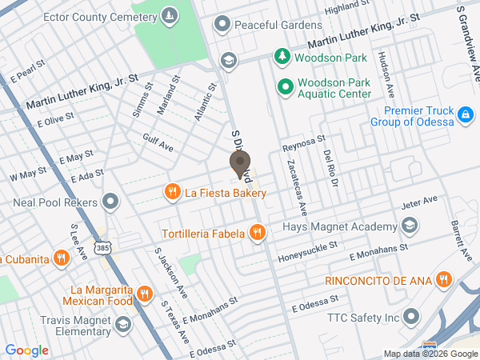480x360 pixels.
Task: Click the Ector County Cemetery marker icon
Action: (x=169, y=15)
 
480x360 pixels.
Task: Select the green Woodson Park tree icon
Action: (x=282, y=57)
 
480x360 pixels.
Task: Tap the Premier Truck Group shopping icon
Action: (x=466, y=118)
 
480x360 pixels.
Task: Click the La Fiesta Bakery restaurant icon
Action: (x=171, y=192)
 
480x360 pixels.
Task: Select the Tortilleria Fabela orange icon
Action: (x=256, y=233)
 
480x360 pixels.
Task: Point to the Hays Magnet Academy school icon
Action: (x=409, y=226)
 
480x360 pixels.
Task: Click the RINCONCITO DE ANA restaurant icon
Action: (x=444, y=280)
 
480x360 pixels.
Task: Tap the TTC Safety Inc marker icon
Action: (x=411, y=318)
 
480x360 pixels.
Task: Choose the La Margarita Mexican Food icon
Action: (x=144, y=294)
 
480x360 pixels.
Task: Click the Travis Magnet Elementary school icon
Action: (x=123, y=324)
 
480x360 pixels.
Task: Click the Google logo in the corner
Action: (x=27, y=350)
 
